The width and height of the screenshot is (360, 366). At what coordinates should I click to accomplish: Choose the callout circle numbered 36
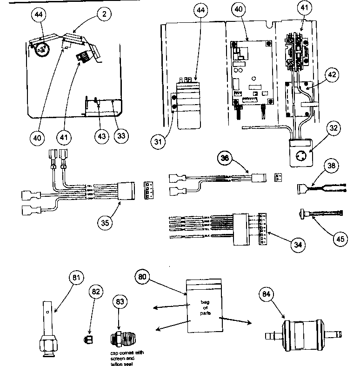point(225,158)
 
